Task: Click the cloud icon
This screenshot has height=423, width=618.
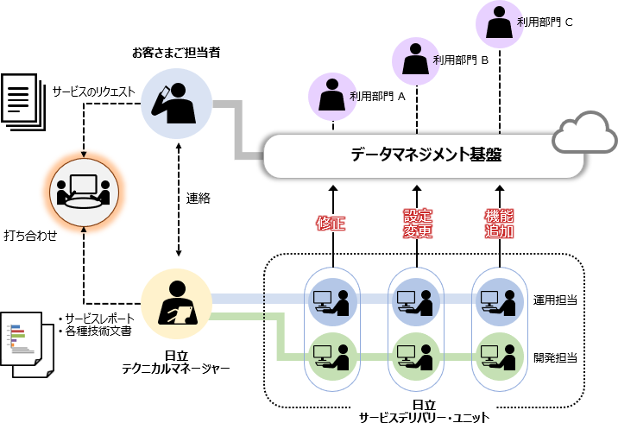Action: [x=585, y=134]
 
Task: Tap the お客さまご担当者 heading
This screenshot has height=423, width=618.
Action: [x=176, y=53]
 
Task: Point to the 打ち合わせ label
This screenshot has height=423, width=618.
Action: [x=30, y=234]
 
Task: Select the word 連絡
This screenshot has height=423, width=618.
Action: [x=199, y=198]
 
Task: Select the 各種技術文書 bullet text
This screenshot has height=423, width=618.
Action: [x=96, y=330]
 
